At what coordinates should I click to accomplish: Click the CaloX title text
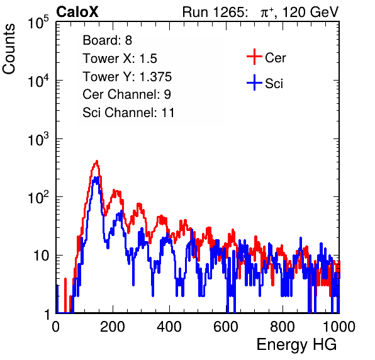pos(77,12)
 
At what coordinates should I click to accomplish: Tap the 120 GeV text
pos(311,12)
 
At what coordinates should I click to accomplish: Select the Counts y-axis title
pos(9,49)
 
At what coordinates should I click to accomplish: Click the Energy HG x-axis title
pos(296,345)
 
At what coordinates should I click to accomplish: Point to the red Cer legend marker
pos(254,57)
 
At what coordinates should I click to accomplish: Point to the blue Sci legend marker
pos(254,82)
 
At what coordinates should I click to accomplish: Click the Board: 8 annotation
pos(107,40)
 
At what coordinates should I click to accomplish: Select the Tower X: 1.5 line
pos(120,59)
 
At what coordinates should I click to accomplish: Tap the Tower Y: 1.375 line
pos(127,77)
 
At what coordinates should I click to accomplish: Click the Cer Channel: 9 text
pos(126,94)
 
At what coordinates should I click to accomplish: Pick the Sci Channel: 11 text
pos(128,113)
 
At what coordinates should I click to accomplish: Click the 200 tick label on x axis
pos(113,327)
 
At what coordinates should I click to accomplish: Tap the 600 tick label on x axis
pos(226,327)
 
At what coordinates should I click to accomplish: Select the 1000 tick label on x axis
pos(339,327)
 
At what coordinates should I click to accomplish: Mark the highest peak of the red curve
pos(97,161)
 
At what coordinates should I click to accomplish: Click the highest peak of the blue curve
pos(96,177)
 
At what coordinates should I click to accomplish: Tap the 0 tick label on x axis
pos(56,327)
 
